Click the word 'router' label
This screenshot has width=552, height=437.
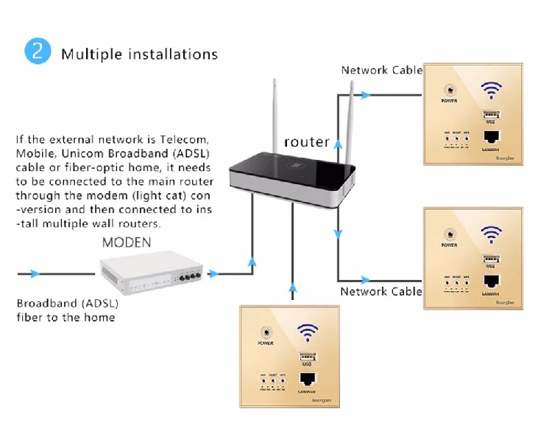coord(306,141)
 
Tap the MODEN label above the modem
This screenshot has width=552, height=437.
coord(126,242)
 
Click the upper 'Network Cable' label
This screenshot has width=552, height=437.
coord(381,70)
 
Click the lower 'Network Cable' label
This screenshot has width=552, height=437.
coord(381,291)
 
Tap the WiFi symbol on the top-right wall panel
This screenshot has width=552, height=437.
coord(492,91)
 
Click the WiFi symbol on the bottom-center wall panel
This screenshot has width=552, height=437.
coord(308,332)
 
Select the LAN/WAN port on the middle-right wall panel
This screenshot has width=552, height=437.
coord(491,282)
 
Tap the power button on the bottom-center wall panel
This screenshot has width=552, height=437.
coord(265,332)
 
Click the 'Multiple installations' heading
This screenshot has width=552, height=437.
coord(139,54)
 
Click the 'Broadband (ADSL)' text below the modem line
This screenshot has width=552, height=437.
coord(68,303)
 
